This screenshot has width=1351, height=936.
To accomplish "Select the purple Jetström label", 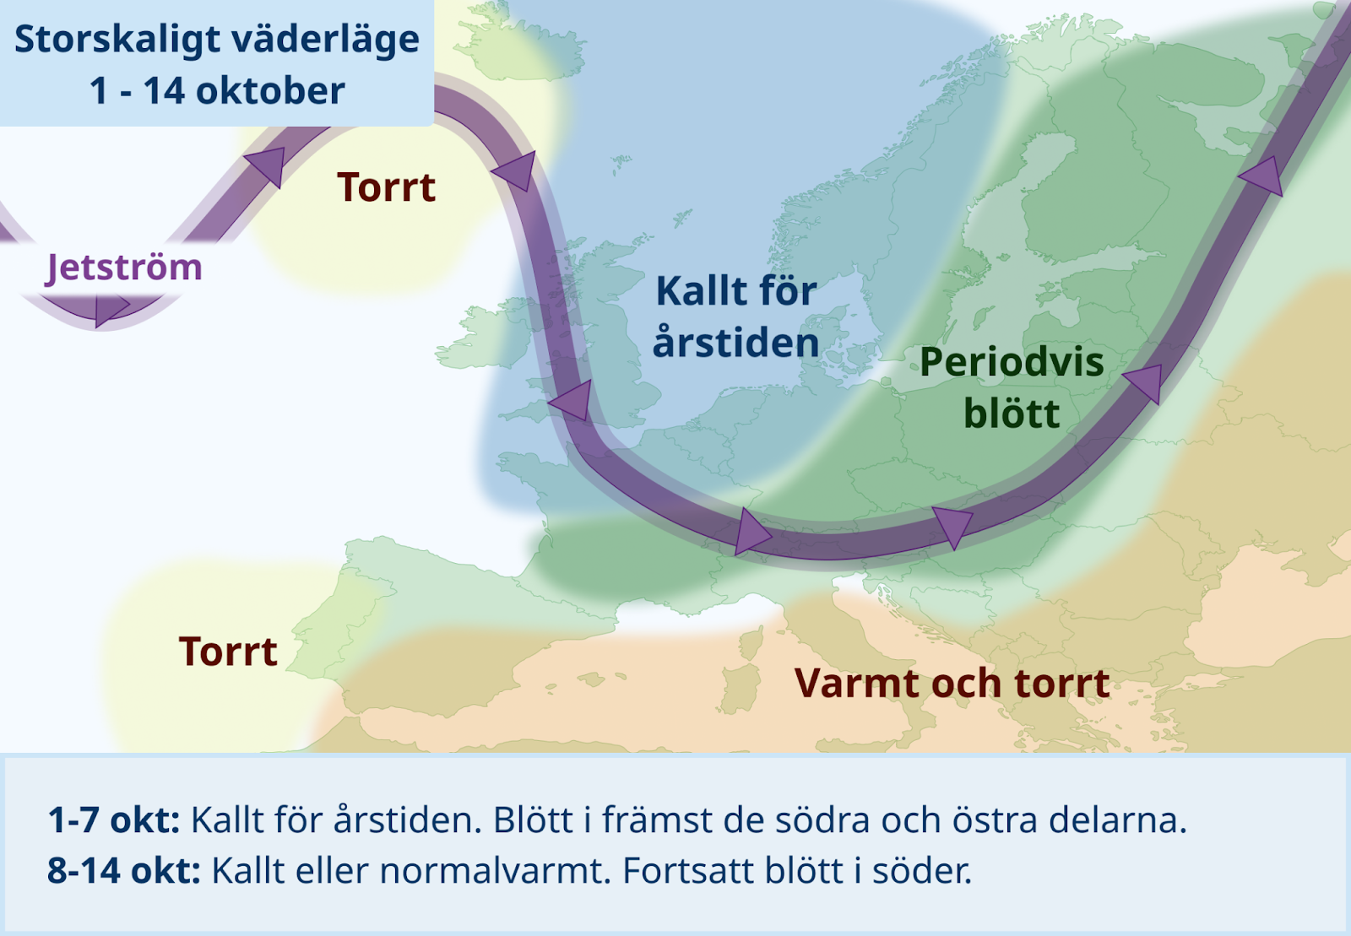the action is point(123,268).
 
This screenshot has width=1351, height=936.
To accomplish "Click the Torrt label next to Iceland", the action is point(386,187).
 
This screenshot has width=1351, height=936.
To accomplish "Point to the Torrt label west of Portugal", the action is point(228,651).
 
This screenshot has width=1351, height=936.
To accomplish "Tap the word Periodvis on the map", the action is point(1012,363).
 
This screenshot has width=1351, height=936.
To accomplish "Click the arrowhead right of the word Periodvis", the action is point(1144,382).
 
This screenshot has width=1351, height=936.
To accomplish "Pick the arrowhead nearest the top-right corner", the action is point(1261,176).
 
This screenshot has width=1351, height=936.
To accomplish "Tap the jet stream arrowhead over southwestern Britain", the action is point(572,401).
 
